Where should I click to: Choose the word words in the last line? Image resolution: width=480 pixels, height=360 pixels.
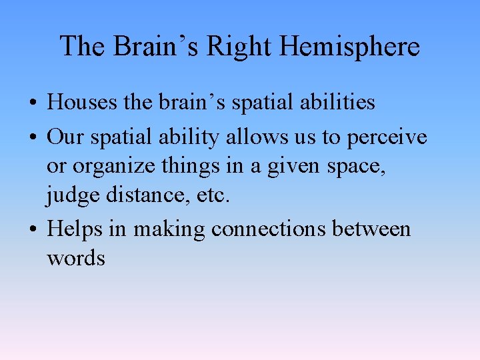pyautogui.click(x=76, y=258)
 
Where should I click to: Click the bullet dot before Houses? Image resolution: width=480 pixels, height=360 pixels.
pyautogui.click(x=32, y=103)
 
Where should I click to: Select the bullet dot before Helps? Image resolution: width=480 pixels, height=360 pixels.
pyautogui.click(x=32, y=230)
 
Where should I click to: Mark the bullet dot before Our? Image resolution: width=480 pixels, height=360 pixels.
pyautogui.click(x=32, y=138)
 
